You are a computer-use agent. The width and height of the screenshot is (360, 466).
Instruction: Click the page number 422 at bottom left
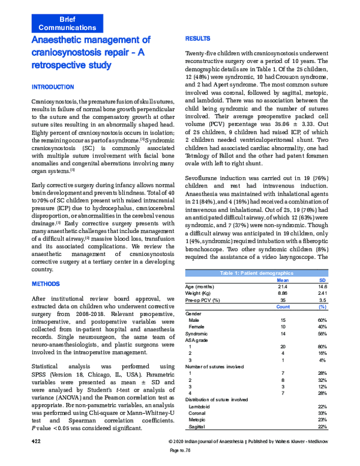pyautogui.click(x=37, y=441)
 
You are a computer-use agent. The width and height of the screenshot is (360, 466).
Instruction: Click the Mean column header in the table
pyautogui.click(x=283, y=280)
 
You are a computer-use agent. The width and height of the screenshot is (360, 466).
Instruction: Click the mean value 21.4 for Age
pyautogui.click(x=283, y=286)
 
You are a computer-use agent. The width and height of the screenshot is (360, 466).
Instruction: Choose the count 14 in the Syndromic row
pyautogui.click(x=283, y=333)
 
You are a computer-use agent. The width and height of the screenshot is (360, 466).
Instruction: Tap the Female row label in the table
pyautogui.click(x=199, y=327)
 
